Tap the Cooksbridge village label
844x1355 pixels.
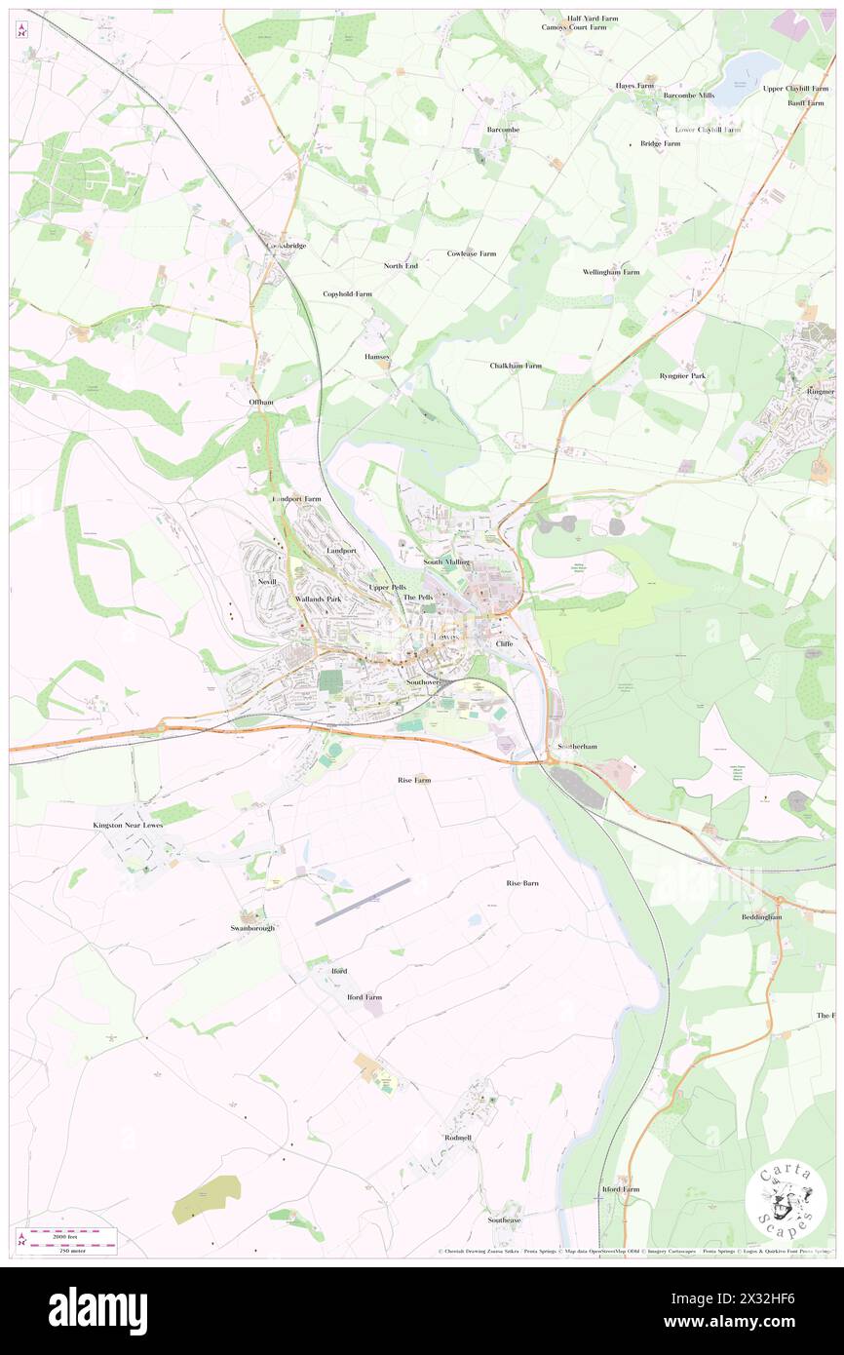(x=287, y=246)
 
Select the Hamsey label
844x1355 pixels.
(x=377, y=357)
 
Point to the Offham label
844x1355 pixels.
(x=257, y=402)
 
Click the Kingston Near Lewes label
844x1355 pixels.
(x=128, y=825)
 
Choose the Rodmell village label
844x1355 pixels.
(x=457, y=1138)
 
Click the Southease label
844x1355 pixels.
(x=505, y=1219)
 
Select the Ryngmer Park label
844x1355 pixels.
(x=682, y=375)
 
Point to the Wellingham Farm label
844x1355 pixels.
(x=611, y=272)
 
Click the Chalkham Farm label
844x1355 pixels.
(x=516, y=366)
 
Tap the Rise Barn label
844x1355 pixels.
(x=522, y=883)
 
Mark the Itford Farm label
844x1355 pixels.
(x=620, y=1189)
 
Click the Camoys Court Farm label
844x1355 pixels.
(x=574, y=27)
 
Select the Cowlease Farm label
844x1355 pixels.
(x=472, y=253)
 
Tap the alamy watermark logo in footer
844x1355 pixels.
(x=98, y=1310)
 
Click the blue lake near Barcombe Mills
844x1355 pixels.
(x=752, y=68)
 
